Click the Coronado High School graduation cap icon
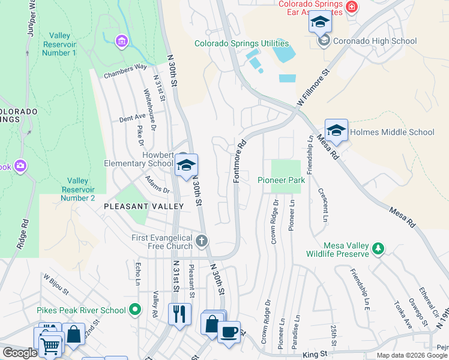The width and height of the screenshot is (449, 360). tap(321, 23)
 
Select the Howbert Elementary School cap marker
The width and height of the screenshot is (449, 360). tap(187, 166)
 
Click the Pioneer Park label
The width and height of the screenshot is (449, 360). tap(281, 180)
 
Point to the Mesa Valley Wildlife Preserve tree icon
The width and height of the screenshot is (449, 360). tap(378, 248)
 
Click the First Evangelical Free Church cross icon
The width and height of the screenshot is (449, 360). tap(202, 241)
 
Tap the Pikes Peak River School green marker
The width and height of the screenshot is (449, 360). tap(135, 310)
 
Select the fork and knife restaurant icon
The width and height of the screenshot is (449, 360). tap(179, 314)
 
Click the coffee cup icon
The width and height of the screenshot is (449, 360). tap(228, 332)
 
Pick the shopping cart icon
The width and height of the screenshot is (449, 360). tap(50, 346)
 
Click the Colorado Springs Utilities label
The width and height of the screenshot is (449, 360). tap(241, 44)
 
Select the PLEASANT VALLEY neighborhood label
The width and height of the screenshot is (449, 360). tap(143, 206)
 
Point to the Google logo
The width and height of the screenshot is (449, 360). tap(20, 353)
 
